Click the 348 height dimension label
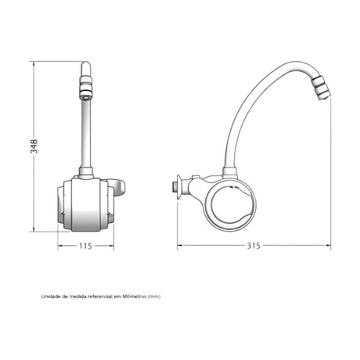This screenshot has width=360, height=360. point(34,146)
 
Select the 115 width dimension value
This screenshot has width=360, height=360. point(85,246)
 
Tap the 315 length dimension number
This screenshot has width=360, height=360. point(254,246)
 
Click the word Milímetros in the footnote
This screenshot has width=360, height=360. point(135,297)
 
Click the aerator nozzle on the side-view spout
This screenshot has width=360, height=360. point(322,88)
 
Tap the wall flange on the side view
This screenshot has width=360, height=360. point(178,187)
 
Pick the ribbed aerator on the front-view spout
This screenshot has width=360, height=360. point(86,88)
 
